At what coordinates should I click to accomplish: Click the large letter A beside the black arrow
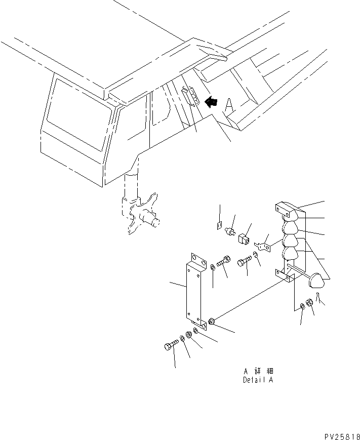pyautogui.click(x=229, y=104)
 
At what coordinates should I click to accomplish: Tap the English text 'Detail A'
pyautogui.click(x=258, y=380)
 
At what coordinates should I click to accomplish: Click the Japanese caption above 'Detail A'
pyautogui.click(x=258, y=371)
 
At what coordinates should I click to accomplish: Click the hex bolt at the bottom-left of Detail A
pyautogui.click(x=170, y=346)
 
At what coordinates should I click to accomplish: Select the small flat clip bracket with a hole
pyautogui.click(x=263, y=247)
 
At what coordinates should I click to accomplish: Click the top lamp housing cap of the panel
pyautogui.click(x=291, y=209)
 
